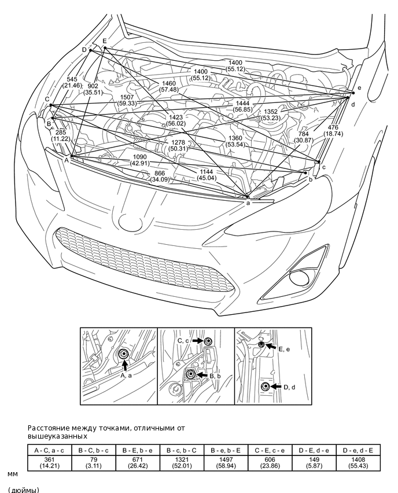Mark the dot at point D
tap(91, 50)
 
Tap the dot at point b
tap(305, 172)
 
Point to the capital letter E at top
tap(104, 41)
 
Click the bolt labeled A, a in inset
tap(123, 354)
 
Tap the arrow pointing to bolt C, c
tap(197, 341)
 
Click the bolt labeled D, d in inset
tap(264, 387)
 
